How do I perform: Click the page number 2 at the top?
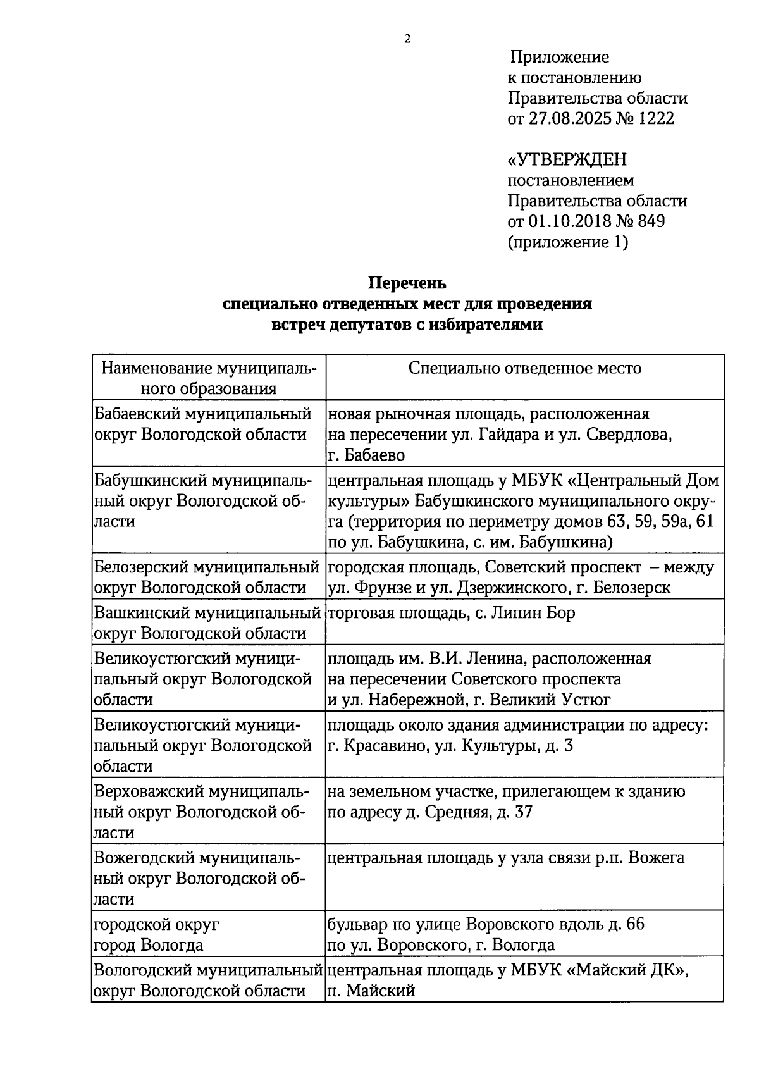[407, 39]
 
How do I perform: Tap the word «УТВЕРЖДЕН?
[567, 159]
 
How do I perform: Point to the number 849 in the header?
[651, 221]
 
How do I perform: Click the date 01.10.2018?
[568, 221]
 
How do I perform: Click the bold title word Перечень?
[407, 283]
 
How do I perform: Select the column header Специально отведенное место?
[525, 368]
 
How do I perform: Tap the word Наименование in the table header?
[156, 368]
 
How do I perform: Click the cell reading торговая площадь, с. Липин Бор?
[451, 613]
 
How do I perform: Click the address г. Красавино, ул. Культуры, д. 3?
[450, 746]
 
